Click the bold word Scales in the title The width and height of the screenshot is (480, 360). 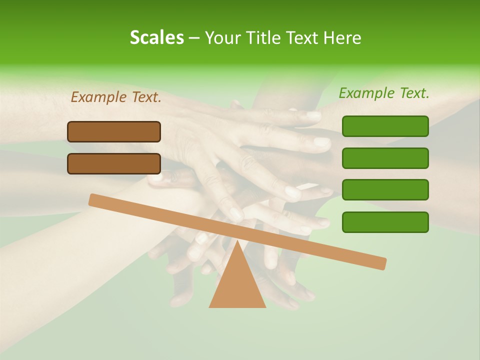156,37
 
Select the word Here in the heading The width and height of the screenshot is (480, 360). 342,37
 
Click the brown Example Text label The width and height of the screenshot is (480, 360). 116,97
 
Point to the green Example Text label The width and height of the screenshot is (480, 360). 384,93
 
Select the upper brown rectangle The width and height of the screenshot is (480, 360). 114,131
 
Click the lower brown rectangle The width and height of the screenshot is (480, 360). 114,163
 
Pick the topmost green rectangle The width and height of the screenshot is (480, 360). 385,126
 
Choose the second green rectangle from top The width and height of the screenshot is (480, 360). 385,158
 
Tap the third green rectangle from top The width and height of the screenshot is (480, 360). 385,189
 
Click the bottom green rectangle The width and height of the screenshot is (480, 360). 385,222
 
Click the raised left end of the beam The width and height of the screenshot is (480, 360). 95,200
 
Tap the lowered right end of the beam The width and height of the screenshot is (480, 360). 380,263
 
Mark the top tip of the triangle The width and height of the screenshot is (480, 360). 237,242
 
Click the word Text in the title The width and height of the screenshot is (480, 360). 302,37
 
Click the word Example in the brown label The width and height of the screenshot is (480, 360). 99,97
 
